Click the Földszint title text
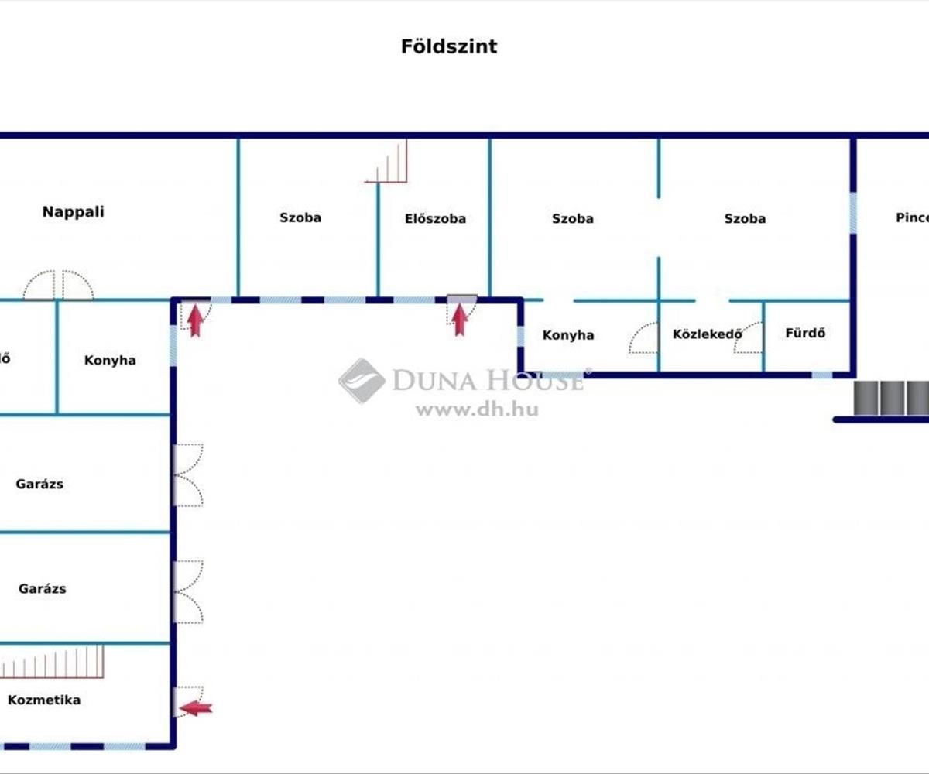pyautogui.click(x=449, y=46)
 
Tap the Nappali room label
pyautogui.click(x=74, y=212)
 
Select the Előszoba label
pyautogui.click(x=435, y=219)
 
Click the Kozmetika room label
pyautogui.click(x=44, y=700)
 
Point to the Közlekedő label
pyautogui.click(x=708, y=334)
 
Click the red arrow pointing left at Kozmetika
pyautogui.click(x=196, y=707)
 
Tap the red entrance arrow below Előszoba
pyautogui.click(x=461, y=319)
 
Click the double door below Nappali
pyautogui.click(x=58, y=285)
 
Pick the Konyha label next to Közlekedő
pyautogui.click(x=568, y=335)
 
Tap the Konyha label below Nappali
pyautogui.click(x=110, y=361)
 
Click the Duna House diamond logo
pyautogui.click(x=362, y=380)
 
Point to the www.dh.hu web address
pyautogui.click(x=477, y=409)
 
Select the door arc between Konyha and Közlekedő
pyautogui.click(x=644, y=338)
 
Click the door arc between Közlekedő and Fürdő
pyautogui.click(x=749, y=338)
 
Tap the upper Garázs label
pyautogui.click(x=39, y=485)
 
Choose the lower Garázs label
pyautogui.click(x=42, y=589)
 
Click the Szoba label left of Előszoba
pyautogui.click(x=300, y=218)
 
